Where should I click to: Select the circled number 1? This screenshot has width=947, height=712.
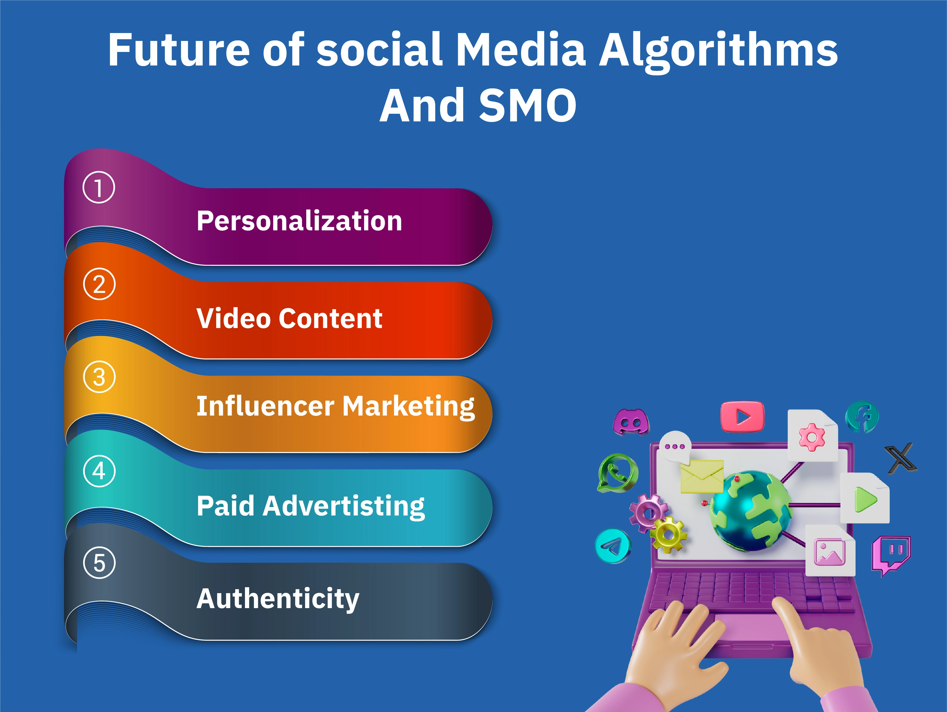click(99, 187)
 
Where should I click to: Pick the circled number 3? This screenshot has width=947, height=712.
click(99, 377)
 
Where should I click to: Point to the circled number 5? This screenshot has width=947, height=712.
click(99, 563)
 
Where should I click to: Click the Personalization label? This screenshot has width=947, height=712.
click(299, 221)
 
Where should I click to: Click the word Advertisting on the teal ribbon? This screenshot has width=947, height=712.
click(344, 506)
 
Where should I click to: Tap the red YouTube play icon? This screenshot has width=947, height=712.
click(742, 416)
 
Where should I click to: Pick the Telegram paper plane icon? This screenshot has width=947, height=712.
click(613, 546)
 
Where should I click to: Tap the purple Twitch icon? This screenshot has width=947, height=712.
click(891, 554)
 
